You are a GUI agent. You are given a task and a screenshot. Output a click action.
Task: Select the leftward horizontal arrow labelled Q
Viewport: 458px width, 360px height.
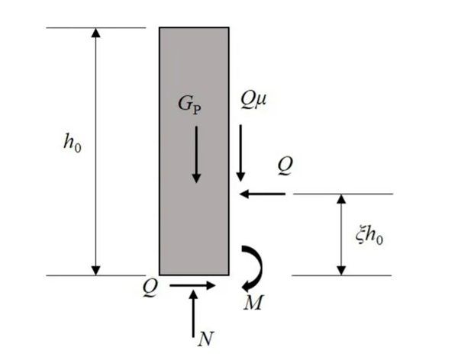click(263, 194)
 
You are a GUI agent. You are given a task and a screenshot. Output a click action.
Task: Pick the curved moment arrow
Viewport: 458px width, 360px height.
click(252, 267)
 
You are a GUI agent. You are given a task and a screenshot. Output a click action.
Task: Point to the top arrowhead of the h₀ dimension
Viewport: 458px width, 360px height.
click(95, 34)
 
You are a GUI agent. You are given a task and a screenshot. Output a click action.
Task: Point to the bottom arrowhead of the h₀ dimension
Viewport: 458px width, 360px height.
click(95, 269)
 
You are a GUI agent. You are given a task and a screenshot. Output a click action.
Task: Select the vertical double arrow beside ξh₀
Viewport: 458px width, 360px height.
click(341, 234)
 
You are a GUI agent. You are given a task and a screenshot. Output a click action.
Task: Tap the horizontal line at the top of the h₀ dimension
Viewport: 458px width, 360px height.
click(95, 27)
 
